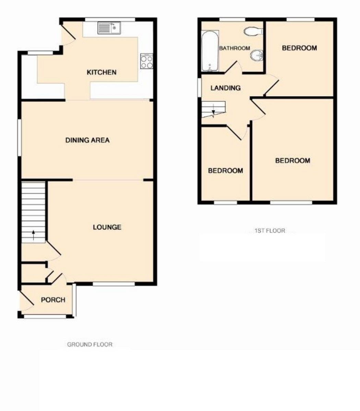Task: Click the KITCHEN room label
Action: click(101, 72)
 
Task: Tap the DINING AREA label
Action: click(87, 140)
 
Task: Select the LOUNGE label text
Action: click(107, 227)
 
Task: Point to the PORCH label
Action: click(53, 300)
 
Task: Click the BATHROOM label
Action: click(235, 48)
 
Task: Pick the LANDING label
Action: click(226, 88)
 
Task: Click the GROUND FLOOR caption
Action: click(90, 345)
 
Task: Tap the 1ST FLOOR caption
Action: click(270, 231)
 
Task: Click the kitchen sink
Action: click(109, 28)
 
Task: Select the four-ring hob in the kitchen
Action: click(147, 61)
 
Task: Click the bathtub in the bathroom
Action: click(210, 51)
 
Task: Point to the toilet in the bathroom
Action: click(253, 31)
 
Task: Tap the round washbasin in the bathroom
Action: click(257, 55)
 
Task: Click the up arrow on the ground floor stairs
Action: click(33, 235)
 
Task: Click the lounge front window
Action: click(113, 284)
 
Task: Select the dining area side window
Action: click(20, 138)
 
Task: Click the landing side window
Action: click(200, 88)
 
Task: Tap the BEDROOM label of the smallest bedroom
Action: click(226, 171)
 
